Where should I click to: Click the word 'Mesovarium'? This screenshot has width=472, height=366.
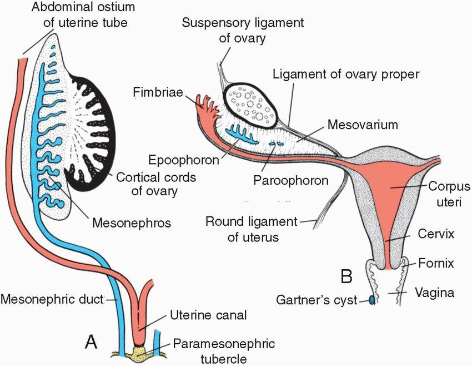pos(363,125)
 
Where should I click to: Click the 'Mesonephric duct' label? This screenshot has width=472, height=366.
pos(52,299)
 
